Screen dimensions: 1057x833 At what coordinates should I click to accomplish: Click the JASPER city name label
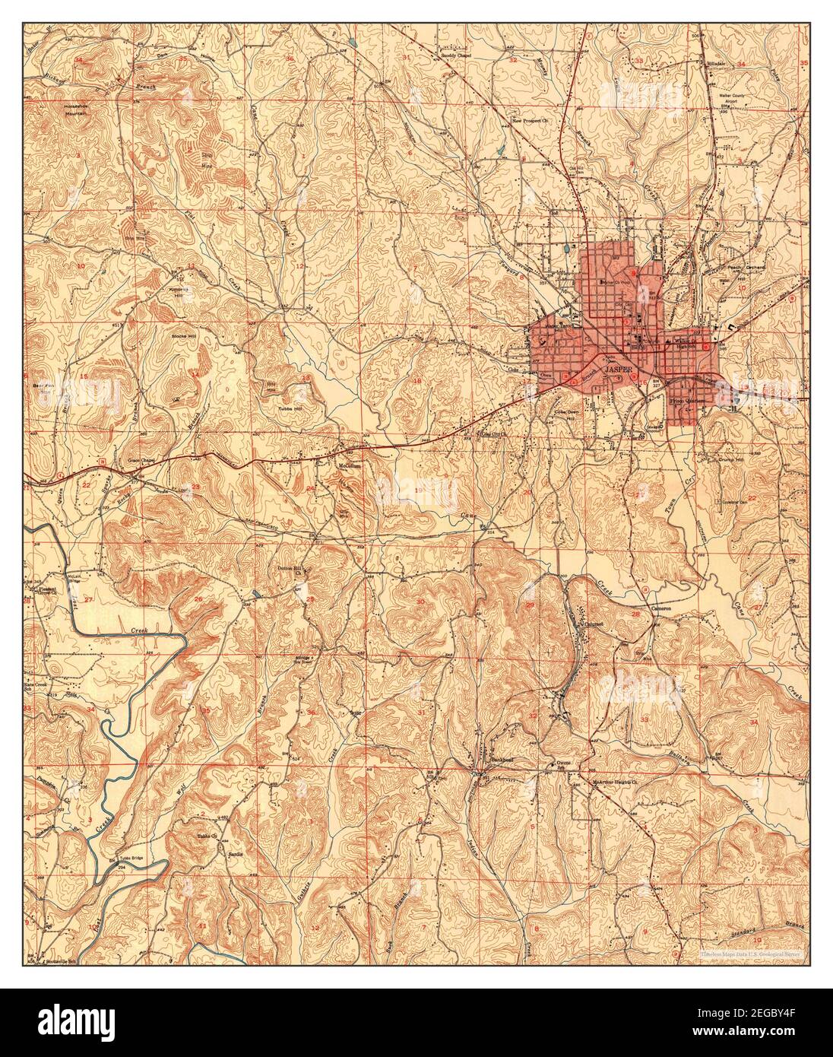[x=617, y=369]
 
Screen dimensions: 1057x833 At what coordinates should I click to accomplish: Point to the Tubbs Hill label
[x=271, y=408]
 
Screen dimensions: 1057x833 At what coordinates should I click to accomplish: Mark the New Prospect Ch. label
[x=530, y=120]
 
